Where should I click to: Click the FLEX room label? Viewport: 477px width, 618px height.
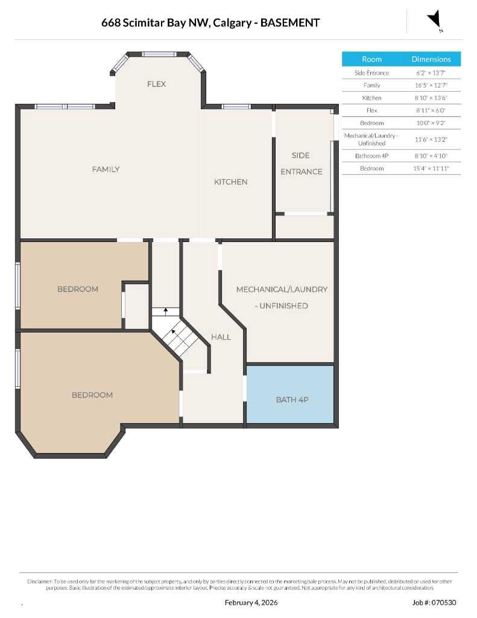156,84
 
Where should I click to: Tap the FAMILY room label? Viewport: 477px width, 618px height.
106,169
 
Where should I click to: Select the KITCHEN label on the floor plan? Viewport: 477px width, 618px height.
230,182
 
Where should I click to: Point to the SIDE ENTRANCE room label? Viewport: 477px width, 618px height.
301,164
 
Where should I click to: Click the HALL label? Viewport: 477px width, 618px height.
221,337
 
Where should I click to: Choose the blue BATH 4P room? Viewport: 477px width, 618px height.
292,400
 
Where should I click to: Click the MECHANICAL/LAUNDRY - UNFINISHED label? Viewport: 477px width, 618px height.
282,297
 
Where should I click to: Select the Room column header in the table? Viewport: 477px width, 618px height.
371,59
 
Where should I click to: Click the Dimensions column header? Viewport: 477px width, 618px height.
431,59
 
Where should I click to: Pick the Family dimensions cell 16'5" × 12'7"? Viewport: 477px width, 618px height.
431,85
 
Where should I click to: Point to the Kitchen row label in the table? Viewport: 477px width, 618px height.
371,98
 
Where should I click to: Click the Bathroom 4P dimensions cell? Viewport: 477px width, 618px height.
431,156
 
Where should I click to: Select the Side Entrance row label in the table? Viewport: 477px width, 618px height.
371,73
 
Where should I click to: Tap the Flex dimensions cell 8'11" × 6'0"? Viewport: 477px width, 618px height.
431,110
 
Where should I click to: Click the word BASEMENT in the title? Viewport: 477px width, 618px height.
289,23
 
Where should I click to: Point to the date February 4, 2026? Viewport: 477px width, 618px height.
251,602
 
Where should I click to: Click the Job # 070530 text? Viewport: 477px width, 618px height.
434,602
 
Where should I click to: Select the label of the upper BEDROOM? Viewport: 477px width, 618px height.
77,289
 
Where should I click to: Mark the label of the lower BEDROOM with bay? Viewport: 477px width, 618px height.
92,395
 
